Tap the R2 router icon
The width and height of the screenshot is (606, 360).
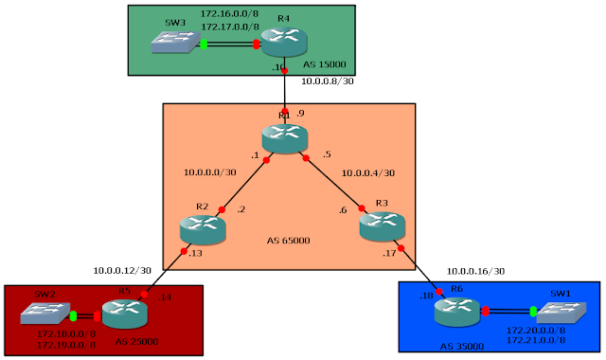point(202,226)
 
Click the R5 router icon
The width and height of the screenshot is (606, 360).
point(123,314)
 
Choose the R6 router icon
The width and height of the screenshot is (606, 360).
point(456,310)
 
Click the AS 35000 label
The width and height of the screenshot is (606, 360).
point(461,347)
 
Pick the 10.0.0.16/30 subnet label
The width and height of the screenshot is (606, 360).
point(475,270)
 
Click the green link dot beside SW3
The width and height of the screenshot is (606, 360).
point(204,44)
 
